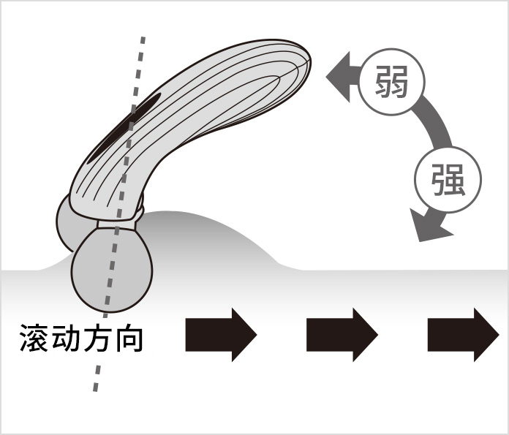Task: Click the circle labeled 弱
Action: click(392, 81)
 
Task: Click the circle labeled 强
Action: click(448, 179)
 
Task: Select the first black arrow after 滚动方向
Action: click(221, 335)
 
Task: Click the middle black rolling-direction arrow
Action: click(342, 335)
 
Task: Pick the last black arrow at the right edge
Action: click(463, 335)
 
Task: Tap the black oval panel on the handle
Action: click(125, 128)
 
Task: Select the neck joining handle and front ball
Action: click(118, 224)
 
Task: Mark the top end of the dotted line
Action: click(143, 38)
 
